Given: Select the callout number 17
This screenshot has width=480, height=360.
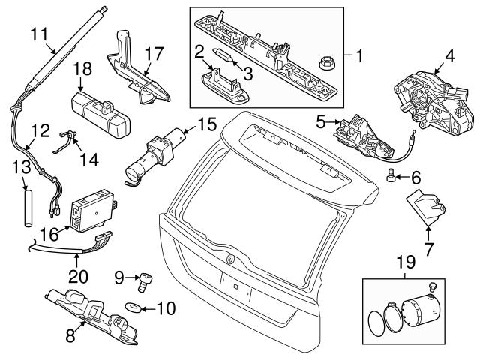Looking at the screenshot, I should [x=153, y=54].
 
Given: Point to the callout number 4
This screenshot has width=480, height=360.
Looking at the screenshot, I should [x=450, y=55].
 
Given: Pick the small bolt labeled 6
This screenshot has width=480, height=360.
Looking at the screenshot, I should [x=391, y=176].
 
